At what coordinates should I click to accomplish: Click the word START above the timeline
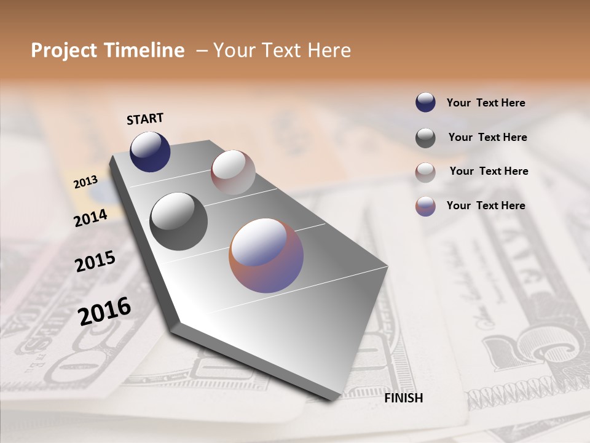point(145,119)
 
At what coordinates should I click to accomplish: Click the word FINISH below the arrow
point(403,398)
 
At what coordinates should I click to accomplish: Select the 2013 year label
point(85,182)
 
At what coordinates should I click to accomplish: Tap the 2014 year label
point(90,218)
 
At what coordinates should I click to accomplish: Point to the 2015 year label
point(95,261)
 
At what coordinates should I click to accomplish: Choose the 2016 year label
point(104,311)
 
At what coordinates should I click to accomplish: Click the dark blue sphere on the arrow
point(150,151)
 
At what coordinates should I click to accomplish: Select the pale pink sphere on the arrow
point(233,172)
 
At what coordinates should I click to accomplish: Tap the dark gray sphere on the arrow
point(179,221)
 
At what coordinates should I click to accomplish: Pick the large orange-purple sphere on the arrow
point(266,255)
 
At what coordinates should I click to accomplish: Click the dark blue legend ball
point(425,103)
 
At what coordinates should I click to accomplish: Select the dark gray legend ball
point(425,138)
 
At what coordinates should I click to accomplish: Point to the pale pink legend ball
point(425,172)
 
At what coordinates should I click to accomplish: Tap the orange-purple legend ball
point(425,206)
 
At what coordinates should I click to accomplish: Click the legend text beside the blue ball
point(486,103)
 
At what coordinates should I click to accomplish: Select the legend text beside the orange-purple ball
point(486,206)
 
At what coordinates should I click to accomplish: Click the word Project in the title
point(63,50)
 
